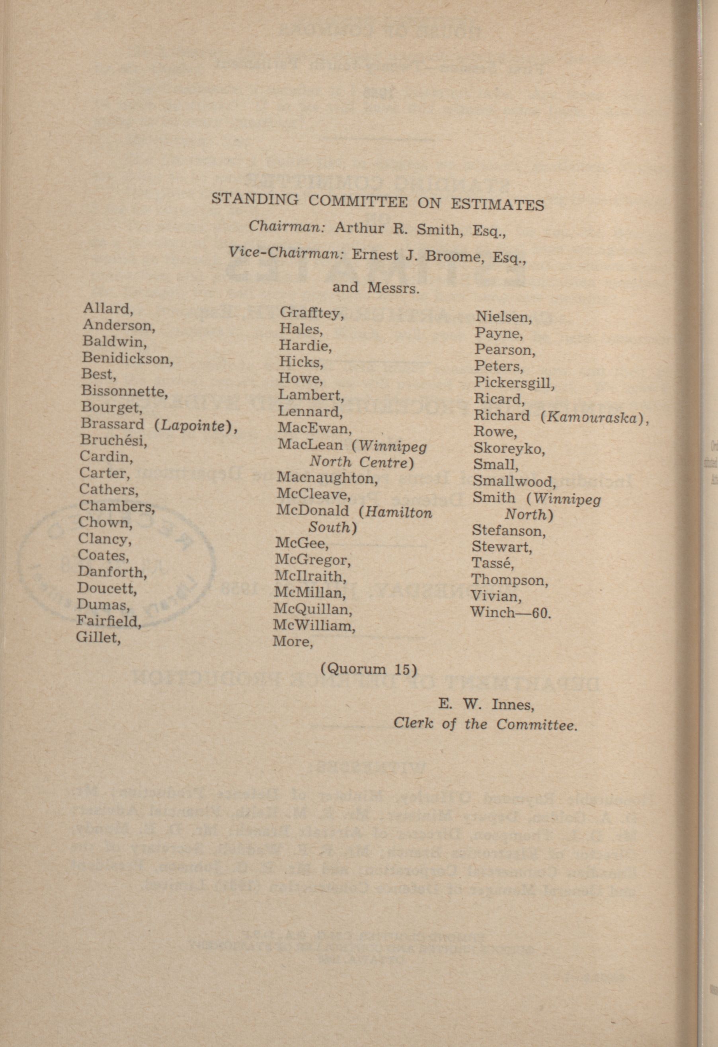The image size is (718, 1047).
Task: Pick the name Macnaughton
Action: (x=327, y=478)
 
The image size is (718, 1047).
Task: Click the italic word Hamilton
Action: (x=399, y=512)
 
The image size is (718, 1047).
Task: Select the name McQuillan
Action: (x=312, y=610)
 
